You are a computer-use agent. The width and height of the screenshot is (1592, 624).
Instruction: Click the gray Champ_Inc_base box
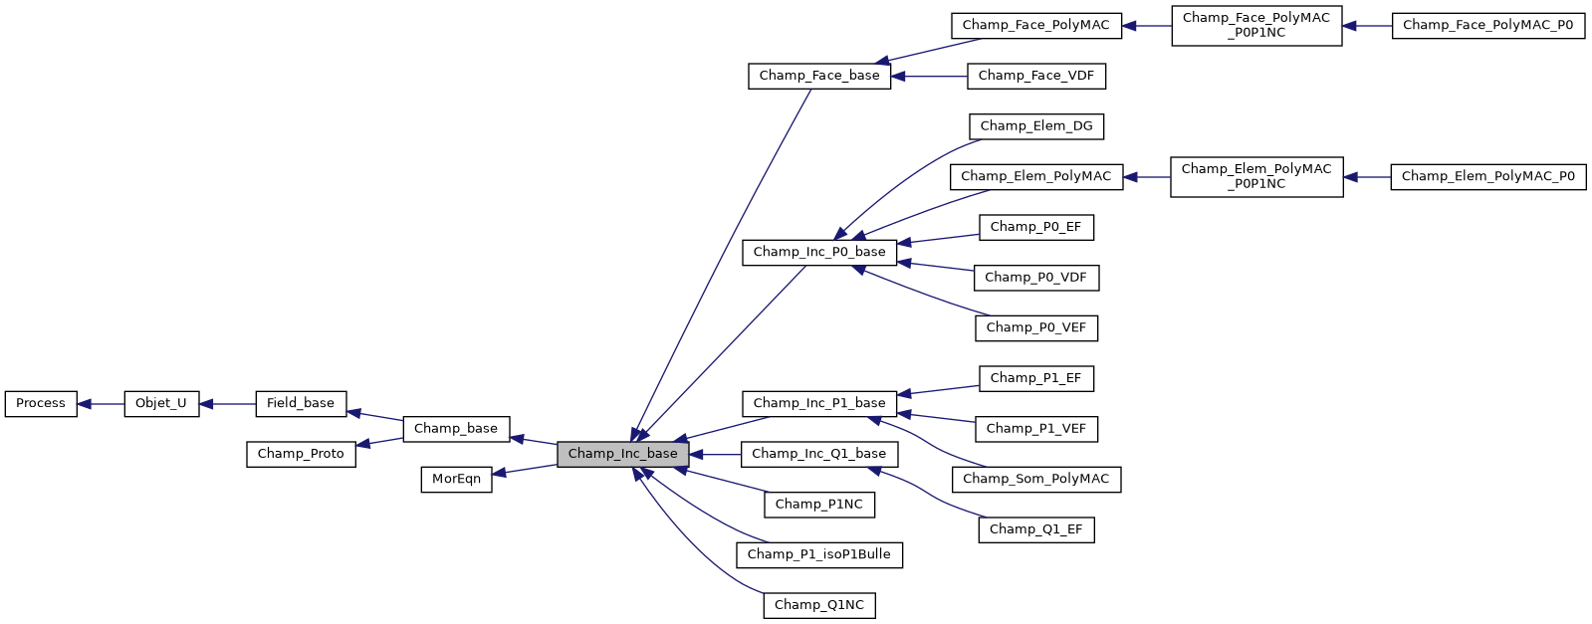[x=622, y=454]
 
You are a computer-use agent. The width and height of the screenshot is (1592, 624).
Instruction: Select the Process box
[x=41, y=404]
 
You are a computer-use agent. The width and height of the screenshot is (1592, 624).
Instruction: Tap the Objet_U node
[x=161, y=404]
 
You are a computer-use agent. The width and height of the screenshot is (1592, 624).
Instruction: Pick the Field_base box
[x=301, y=404]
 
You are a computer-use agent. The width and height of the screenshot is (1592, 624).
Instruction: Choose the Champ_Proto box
[x=301, y=454]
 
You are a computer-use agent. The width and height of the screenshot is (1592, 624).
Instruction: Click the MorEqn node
[x=456, y=479]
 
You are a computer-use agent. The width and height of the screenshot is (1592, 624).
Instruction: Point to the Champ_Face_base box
[x=819, y=76]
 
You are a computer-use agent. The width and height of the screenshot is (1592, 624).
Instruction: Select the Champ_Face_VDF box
[x=1036, y=76]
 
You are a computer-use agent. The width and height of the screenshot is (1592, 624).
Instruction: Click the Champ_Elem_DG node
[x=1036, y=126]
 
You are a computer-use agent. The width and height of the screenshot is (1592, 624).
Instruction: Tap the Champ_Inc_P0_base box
[x=819, y=252]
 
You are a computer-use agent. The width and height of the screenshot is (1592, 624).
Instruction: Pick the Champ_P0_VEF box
[x=1036, y=327]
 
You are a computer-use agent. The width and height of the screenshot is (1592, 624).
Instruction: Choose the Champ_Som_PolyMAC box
[x=1036, y=479]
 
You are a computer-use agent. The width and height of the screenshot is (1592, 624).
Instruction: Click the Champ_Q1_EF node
[x=1036, y=529]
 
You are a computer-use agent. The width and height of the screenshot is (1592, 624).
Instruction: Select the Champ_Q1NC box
[x=819, y=605]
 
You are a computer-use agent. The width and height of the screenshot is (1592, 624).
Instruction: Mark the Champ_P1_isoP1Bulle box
[x=819, y=554]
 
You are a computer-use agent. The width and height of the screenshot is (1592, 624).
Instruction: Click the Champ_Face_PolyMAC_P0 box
[x=1487, y=26]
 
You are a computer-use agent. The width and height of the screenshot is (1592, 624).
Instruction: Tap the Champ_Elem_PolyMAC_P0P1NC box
[x=1256, y=177]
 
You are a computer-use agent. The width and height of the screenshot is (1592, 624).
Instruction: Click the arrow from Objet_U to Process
[x=101, y=404]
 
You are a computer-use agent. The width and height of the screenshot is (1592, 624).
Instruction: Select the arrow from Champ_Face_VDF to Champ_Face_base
[x=930, y=76]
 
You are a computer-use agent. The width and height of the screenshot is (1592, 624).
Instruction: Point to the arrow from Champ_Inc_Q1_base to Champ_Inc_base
[x=715, y=454]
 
